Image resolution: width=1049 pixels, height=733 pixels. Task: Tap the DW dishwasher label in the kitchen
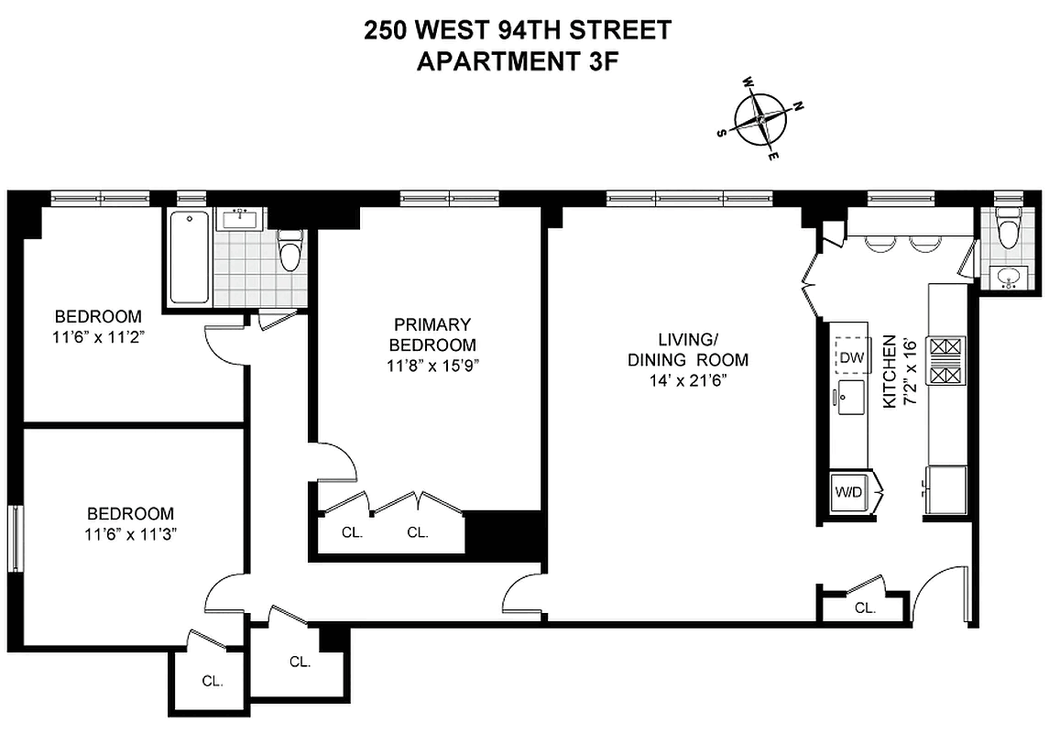(852, 357)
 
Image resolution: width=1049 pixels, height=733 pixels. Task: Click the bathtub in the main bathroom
(190, 257)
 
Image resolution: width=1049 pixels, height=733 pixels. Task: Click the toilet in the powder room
(1008, 231)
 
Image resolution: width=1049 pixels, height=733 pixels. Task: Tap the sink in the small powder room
(1010, 277)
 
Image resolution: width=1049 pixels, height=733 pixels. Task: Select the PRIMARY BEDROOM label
(432, 334)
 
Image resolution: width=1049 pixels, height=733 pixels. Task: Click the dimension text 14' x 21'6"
(688, 379)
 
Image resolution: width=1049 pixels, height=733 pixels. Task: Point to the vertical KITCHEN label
(888, 371)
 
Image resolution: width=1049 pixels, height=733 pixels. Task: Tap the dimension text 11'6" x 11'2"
(98, 336)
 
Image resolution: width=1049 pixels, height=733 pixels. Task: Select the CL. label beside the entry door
(865, 607)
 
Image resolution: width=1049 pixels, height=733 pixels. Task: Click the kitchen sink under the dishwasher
(850, 398)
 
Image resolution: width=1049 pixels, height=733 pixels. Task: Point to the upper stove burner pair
(947, 347)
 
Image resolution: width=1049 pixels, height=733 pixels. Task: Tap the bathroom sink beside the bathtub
(241, 218)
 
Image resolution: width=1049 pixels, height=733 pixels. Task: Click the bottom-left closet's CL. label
(213, 681)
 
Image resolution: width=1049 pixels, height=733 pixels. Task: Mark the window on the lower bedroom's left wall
(15, 539)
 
